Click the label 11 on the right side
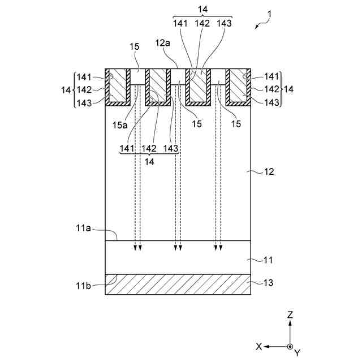click(269, 260)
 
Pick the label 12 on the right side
click(269, 171)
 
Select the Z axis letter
click(290, 314)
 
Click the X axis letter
click(258, 346)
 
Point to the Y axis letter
click(296, 353)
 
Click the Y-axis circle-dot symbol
click(290, 346)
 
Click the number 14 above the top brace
click(202, 10)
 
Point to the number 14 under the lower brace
click(149, 161)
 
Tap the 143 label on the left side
click(84, 102)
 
